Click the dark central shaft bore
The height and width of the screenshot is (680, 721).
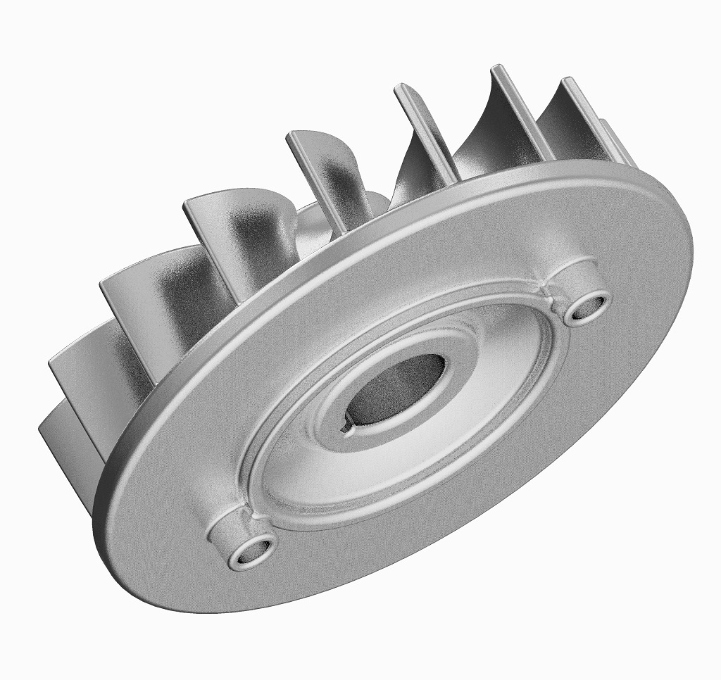click(x=398, y=389)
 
